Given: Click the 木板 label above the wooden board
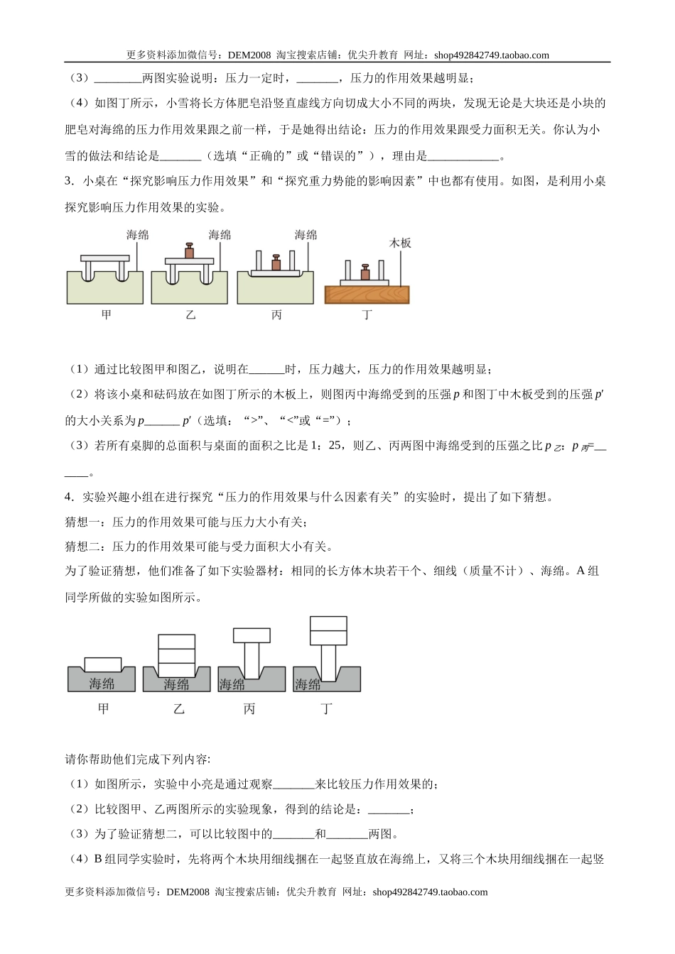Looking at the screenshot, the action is tap(400, 243).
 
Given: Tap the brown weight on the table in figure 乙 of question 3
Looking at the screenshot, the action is tap(190, 251).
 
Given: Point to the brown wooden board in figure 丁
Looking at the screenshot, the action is tap(367, 295).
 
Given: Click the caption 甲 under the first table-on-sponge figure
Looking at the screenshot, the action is tap(106, 314).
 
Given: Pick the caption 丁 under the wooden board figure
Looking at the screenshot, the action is tap(367, 314).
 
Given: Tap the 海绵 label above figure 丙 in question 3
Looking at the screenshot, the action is tap(306, 234).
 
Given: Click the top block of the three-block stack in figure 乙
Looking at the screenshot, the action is tap(176, 642).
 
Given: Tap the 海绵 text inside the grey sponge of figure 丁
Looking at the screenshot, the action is tap(308, 684).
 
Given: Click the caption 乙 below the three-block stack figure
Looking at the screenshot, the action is tap(178, 708).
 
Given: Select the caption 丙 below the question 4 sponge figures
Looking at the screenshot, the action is tap(249, 708).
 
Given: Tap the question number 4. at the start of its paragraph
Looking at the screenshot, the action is tap(69, 497).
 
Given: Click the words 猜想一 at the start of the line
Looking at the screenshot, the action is tap(80, 522).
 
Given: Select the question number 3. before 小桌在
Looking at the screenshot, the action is tap(69, 181).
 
